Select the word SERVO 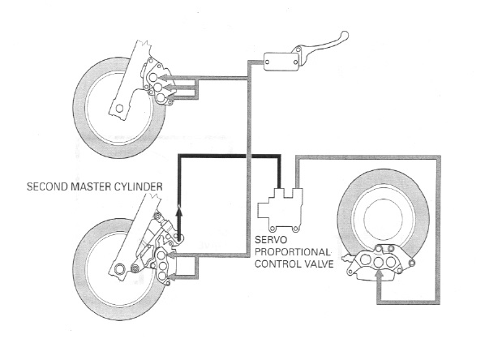[267, 240]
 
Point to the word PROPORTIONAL [292, 252]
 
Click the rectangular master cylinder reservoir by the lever [281, 62]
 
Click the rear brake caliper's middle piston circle [379, 262]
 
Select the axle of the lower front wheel [118, 269]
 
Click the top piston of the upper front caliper [152, 77]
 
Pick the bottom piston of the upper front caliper [161, 98]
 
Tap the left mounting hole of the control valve [273, 229]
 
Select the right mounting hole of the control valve [295, 229]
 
